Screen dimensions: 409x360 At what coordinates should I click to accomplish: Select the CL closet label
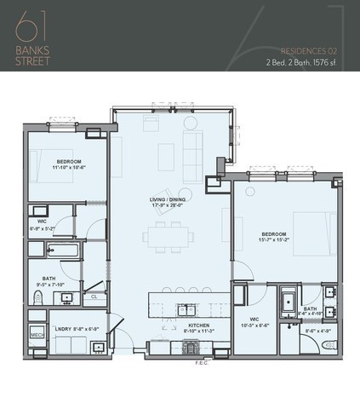click(92, 297)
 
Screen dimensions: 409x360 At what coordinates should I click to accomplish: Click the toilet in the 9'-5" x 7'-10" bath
click(37, 296)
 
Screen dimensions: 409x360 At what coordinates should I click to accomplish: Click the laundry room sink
click(100, 346)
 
